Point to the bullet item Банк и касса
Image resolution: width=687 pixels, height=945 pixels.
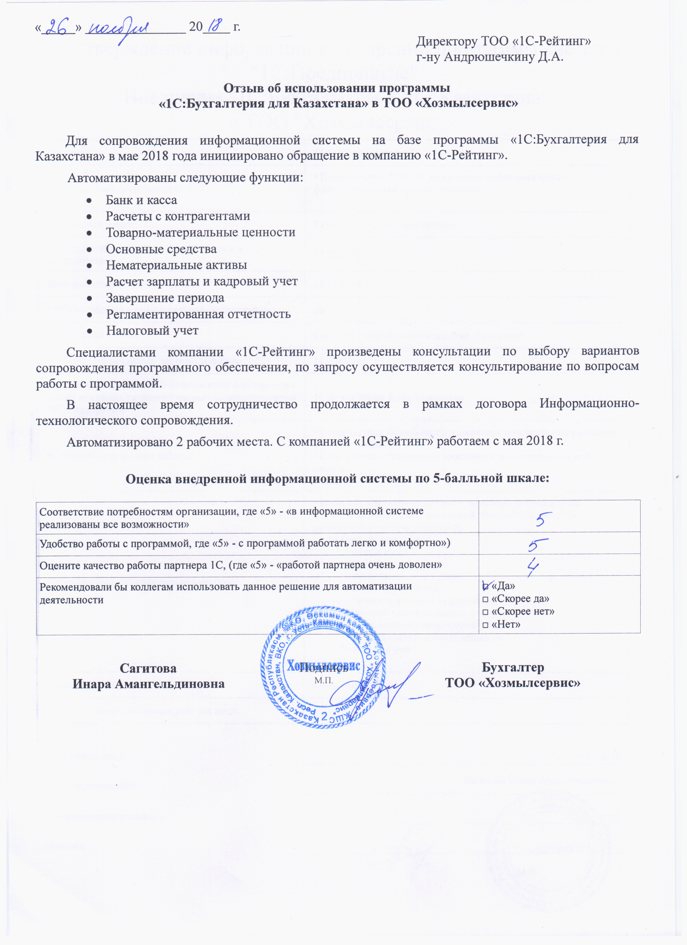click(141, 200)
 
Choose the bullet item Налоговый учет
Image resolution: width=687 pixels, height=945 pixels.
click(152, 330)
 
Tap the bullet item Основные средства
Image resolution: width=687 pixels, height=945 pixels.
click(161, 249)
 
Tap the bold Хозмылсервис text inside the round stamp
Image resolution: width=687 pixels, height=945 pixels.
click(323, 666)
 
